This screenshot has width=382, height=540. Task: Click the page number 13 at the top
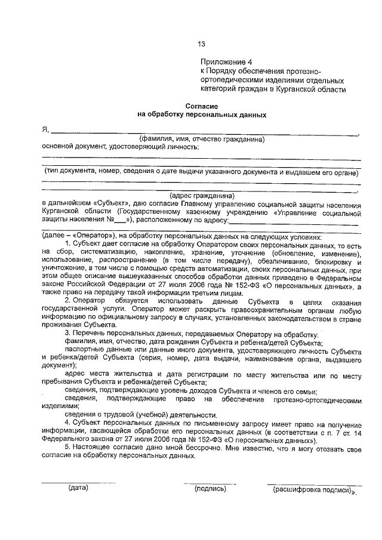[201, 44]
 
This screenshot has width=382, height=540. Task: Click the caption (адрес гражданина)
[202, 195]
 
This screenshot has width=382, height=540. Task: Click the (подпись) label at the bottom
[210, 489]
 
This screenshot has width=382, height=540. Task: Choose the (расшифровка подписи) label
[310, 489]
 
